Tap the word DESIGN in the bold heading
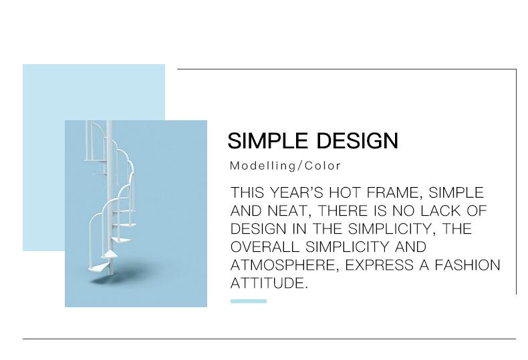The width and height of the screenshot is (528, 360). click(x=358, y=141)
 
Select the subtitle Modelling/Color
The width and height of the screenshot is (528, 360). click(x=285, y=166)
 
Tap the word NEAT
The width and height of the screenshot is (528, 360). click(x=289, y=211)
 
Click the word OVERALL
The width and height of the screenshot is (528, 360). click(x=265, y=247)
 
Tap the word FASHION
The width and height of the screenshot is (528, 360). click(x=467, y=265)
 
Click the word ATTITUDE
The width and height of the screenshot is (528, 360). click(x=269, y=283)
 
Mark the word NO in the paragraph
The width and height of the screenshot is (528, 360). click(x=404, y=211)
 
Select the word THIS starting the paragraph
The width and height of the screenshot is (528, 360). click(x=247, y=193)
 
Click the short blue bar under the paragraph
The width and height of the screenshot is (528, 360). click(x=249, y=301)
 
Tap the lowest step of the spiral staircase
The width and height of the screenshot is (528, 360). click(x=99, y=268)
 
